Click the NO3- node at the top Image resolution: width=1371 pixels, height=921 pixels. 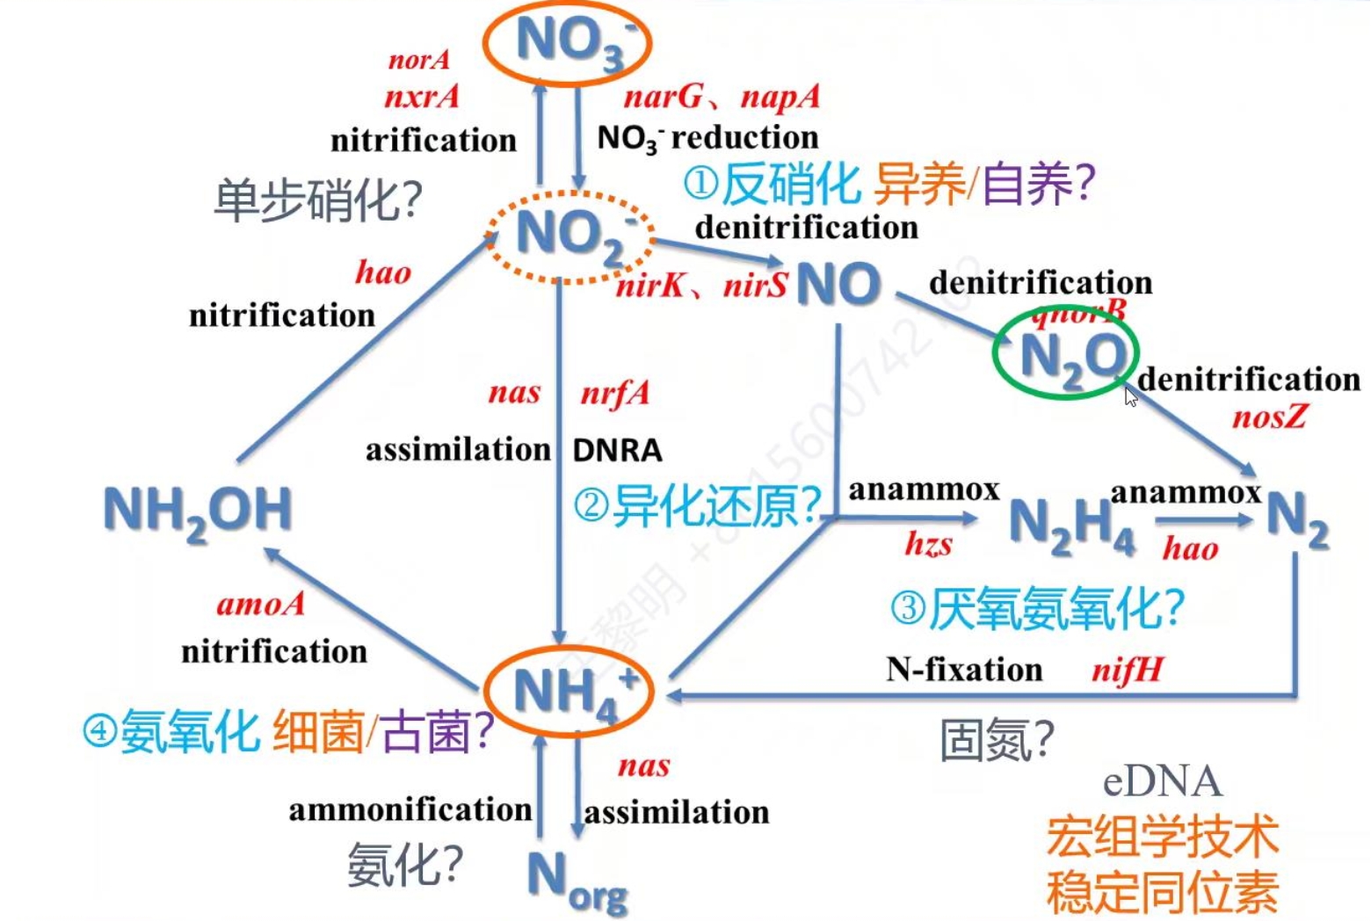[x=568, y=42]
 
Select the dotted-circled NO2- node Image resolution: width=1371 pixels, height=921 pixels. [x=571, y=236]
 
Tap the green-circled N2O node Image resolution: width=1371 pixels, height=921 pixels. [x=1067, y=355]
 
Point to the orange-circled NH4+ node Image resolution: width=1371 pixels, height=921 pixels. [x=569, y=692]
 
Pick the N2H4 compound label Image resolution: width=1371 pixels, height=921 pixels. [x=1070, y=525]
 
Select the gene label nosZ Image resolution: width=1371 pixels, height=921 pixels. [x=1269, y=417]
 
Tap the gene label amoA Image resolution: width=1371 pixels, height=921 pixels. [x=260, y=605]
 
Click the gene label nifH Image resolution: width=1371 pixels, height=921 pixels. [x=1127, y=671]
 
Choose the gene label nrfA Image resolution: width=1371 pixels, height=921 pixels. [x=614, y=393]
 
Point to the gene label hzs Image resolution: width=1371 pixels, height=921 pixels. [x=928, y=545]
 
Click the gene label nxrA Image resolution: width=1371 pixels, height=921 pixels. [x=422, y=96]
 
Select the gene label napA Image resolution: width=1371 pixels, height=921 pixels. [x=780, y=97]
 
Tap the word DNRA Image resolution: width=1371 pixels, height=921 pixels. [x=617, y=450]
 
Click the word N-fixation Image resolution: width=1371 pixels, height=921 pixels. [x=964, y=670]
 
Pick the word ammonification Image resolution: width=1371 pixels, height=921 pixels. [x=410, y=809]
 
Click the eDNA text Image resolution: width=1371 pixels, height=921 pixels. [x=1162, y=781]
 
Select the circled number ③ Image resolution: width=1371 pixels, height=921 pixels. [x=908, y=607]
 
